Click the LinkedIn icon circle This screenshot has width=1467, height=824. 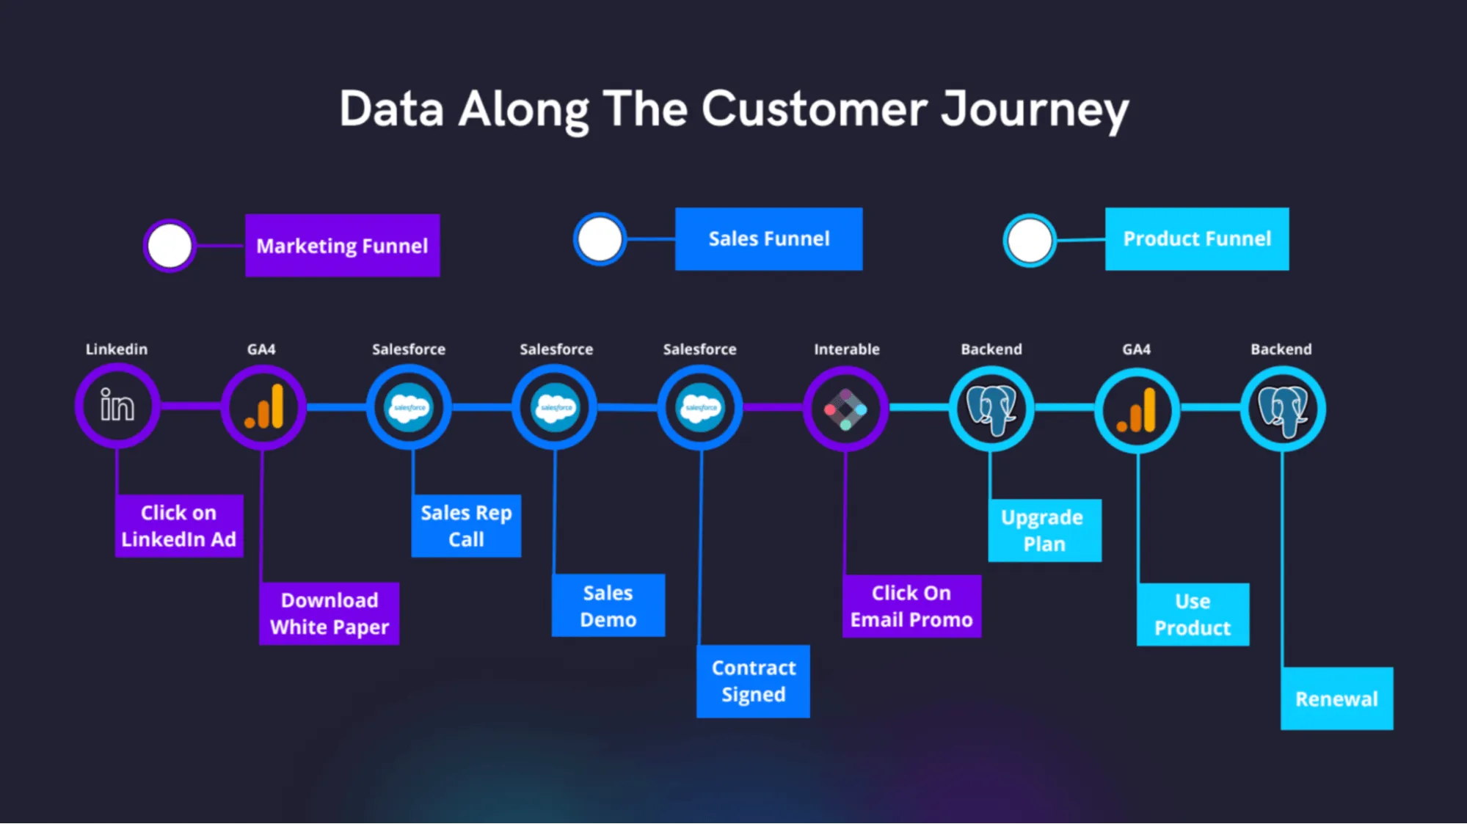point(117,406)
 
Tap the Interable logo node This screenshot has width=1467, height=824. point(845,409)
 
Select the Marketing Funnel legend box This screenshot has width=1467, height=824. point(342,245)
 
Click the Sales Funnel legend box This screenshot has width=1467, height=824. point(768,238)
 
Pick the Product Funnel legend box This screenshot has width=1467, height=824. point(1196,238)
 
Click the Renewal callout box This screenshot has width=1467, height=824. point(1336,699)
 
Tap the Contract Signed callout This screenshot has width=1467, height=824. point(753,681)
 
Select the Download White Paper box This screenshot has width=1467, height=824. point(329,613)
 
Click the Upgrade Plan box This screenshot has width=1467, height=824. point(1044,531)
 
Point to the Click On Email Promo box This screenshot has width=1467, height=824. point(911,606)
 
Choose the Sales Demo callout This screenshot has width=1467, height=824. point(608,605)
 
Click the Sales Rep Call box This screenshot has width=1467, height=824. point(466,525)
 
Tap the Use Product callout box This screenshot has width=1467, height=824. point(1192,614)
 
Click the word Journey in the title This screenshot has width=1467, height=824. point(1035,110)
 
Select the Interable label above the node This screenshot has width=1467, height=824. point(846,349)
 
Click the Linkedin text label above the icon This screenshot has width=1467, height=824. point(116,349)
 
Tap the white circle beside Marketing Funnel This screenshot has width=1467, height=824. point(170,246)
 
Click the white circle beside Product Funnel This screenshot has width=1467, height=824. point(1029,241)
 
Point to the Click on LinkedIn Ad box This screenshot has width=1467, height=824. point(178,525)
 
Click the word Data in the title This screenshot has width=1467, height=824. point(392,110)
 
